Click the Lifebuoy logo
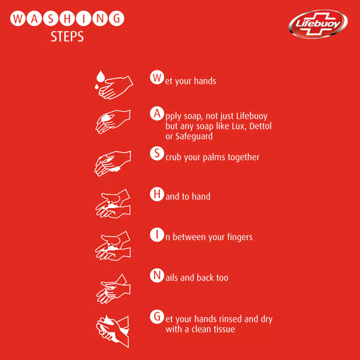(x=318, y=24)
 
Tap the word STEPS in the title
(x=67, y=36)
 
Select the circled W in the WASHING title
(x=18, y=18)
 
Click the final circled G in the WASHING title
(x=117, y=18)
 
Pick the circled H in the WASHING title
(x=67, y=18)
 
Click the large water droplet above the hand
(x=100, y=76)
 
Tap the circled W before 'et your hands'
(x=157, y=77)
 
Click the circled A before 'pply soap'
(x=157, y=113)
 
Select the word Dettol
(x=260, y=126)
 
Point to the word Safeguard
(x=194, y=136)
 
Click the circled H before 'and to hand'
(x=157, y=194)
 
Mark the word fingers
(x=240, y=237)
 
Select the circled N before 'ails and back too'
(x=157, y=275)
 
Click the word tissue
(x=224, y=329)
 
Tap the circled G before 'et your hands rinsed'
(x=157, y=316)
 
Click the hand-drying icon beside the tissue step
(x=112, y=331)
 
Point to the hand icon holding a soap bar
(x=113, y=122)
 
